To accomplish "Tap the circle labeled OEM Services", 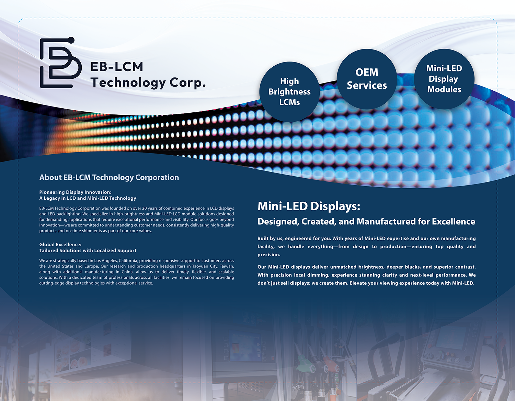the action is (x=367, y=79).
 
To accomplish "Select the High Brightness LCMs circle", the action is (x=289, y=92).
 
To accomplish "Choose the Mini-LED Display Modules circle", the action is (x=444, y=79).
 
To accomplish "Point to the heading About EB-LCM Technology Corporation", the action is (x=109, y=177).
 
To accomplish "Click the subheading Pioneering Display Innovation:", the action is (x=75, y=192).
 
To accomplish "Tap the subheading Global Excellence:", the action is (x=60, y=245).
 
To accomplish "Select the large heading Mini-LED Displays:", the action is (x=309, y=206).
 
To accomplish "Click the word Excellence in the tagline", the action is (x=454, y=221).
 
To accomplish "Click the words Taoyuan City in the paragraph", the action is (x=205, y=266).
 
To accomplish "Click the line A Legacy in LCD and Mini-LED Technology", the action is (x=88, y=198).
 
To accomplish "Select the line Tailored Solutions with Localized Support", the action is (x=88, y=250).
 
